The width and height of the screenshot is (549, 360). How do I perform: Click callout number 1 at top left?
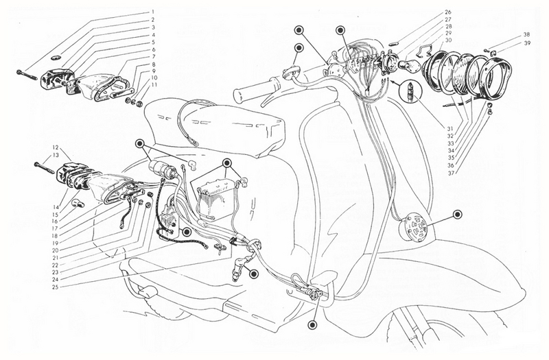point(153,12)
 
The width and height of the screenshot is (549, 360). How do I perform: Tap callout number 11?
point(154,84)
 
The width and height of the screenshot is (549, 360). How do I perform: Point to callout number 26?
point(449,13)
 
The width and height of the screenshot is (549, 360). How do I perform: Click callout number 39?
point(527,43)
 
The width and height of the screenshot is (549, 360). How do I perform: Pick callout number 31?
point(450,128)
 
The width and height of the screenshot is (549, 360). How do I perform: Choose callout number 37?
point(450,173)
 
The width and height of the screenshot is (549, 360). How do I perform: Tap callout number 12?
point(56,147)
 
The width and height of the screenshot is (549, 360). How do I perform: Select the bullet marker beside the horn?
point(457,215)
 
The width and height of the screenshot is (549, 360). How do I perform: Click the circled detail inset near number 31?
point(411,91)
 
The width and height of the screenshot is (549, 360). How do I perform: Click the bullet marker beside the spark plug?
point(254,274)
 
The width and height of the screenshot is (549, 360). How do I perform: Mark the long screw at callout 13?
point(44,167)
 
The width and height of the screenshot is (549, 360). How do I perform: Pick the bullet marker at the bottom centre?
point(312,325)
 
